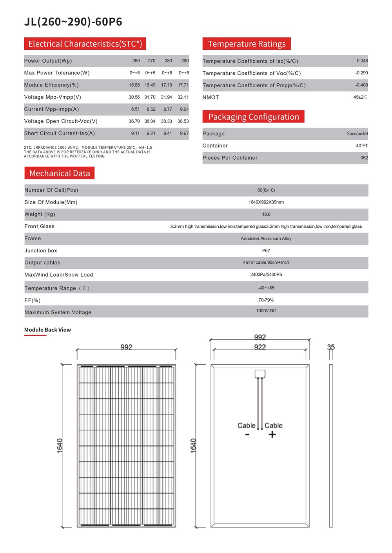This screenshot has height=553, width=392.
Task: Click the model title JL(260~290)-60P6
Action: (73, 22)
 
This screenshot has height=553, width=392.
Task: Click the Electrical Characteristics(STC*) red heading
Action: (85, 44)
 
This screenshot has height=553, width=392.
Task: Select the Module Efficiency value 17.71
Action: (183, 85)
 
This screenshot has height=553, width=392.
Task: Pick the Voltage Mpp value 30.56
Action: (134, 97)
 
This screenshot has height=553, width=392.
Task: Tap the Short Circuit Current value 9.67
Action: (184, 133)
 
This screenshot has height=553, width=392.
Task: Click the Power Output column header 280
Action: (168, 61)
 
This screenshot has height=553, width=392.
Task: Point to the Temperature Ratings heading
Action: (247, 44)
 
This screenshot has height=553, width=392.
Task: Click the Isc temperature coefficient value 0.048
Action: (362, 61)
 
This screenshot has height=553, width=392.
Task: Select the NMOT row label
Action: (211, 97)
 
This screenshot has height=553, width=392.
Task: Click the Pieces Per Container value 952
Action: (364, 158)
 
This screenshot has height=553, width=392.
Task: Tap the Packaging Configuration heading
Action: (254, 117)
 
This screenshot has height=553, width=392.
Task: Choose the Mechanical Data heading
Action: (60, 173)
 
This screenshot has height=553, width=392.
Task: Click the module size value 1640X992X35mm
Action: (266, 202)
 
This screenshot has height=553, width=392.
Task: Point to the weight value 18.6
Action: (266, 214)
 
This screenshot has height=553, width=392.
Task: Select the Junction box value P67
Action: (266, 251)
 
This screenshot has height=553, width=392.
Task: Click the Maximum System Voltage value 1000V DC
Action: (266, 311)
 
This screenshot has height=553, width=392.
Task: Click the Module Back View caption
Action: (47, 330)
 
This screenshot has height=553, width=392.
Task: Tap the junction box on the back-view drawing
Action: (260, 374)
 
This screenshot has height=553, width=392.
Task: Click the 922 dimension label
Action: (260, 347)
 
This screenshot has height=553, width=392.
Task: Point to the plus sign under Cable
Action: (272, 434)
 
